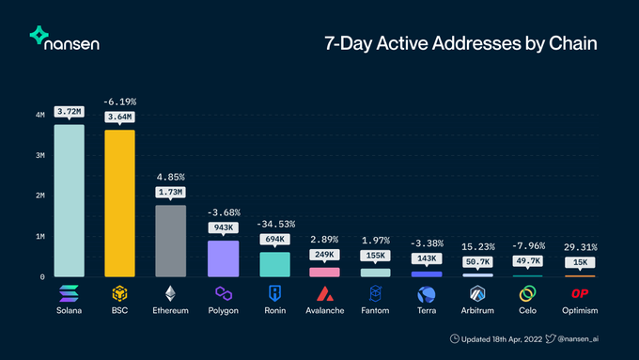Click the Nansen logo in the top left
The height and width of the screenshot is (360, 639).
(x=65, y=39)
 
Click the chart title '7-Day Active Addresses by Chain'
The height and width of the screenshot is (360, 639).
(x=460, y=43)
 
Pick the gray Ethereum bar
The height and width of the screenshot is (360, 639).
(x=170, y=241)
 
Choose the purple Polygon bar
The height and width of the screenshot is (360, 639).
(x=223, y=258)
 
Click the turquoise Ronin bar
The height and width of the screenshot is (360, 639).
(x=273, y=264)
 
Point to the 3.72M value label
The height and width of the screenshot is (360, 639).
(x=70, y=112)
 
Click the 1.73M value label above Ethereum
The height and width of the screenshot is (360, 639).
(x=170, y=192)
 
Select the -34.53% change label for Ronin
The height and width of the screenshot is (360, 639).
(x=273, y=224)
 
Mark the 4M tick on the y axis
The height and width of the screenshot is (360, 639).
(x=39, y=115)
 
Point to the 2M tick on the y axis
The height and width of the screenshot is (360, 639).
(x=39, y=196)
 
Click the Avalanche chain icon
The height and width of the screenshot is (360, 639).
(x=325, y=293)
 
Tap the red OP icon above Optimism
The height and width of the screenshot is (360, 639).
(x=580, y=293)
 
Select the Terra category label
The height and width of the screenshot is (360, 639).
(x=427, y=310)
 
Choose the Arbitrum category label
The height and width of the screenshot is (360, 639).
(x=477, y=310)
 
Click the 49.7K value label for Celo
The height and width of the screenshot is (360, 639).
(x=528, y=262)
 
